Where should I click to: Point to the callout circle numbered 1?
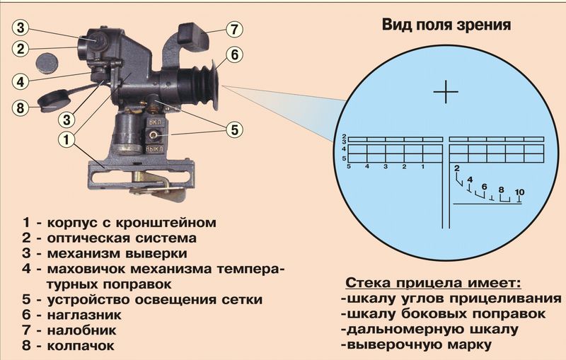point(66,139)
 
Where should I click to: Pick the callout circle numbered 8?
point(22,108)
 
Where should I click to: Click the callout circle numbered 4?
point(22,80)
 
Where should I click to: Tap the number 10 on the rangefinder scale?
point(520,192)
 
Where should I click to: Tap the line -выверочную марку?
point(424,345)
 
